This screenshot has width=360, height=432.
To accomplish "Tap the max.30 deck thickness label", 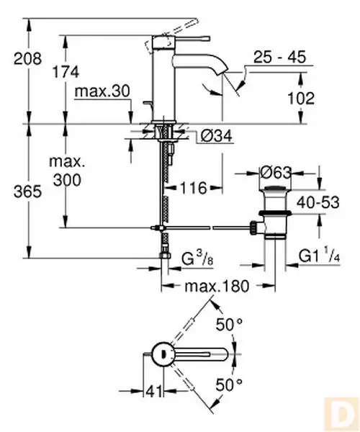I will (102, 92).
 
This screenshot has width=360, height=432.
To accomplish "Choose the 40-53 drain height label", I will (320, 204).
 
